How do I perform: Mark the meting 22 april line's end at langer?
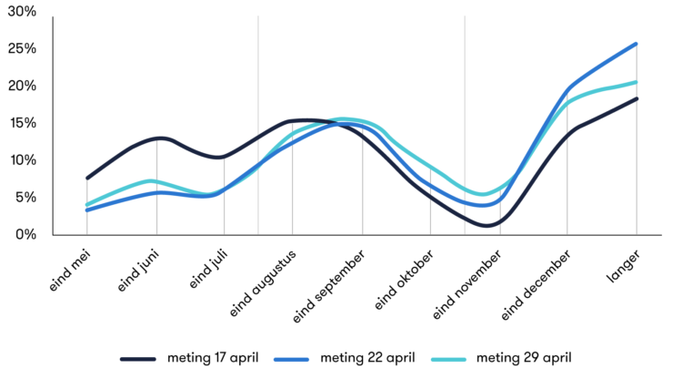pyautogui.click(x=637, y=43)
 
